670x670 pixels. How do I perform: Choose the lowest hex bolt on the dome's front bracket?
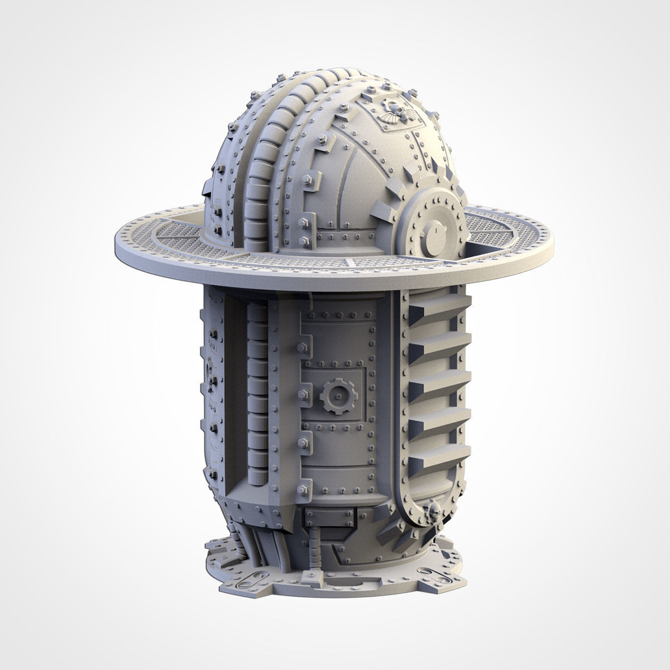click(x=304, y=242)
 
